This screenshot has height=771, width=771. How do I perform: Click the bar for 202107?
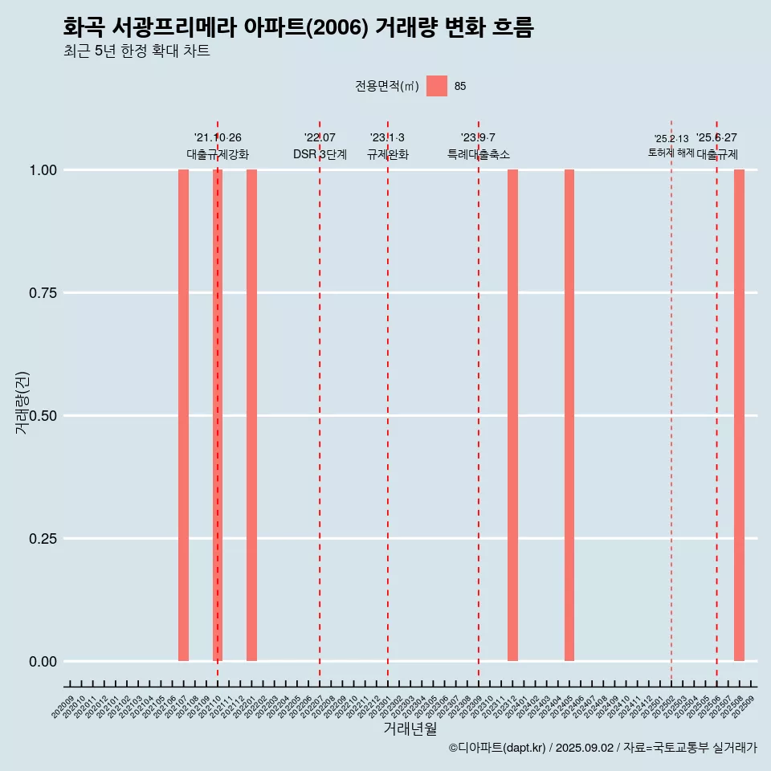pyautogui.click(x=183, y=415)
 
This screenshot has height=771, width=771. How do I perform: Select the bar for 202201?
pyautogui.click(x=251, y=415)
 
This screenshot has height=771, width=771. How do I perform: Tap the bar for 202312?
pyautogui.click(x=512, y=415)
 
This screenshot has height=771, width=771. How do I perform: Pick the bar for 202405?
pyautogui.click(x=569, y=415)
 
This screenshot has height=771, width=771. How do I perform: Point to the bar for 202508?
pyautogui.click(x=739, y=415)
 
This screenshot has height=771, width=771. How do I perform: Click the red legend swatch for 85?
pyautogui.click(x=437, y=86)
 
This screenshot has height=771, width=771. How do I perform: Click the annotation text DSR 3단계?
pyautogui.click(x=320, y=155)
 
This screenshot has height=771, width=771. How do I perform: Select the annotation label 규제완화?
pyautogui.click(x=388, y=155)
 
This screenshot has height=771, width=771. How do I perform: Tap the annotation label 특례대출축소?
pyautogui.click(x=479, y=155)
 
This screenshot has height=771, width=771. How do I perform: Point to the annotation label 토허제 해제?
pyautogui.click(x=671, y=153)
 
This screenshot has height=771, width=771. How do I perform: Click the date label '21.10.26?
pyautogui.click(x=218, y=138)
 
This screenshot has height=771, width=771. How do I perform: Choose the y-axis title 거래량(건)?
pyautogui.click(x=22, y=403)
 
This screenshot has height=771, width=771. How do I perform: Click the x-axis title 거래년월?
pyautogui.click(x=410, y=729)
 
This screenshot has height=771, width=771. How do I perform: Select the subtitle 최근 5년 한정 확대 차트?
pyautogui.click(x=137, y=51)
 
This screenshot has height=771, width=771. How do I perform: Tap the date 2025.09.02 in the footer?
pyautogui.click(x=585, y=749)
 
